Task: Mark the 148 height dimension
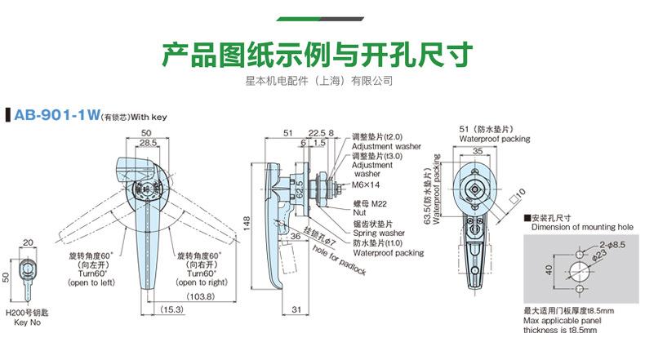pyautogui.click(x=245, y=220)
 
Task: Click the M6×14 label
pyautogui.click(x=364, y=184)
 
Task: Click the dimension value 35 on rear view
pyautogui.click(x=476, y=151)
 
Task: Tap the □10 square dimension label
pyautogui.click(x=517, y=193)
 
